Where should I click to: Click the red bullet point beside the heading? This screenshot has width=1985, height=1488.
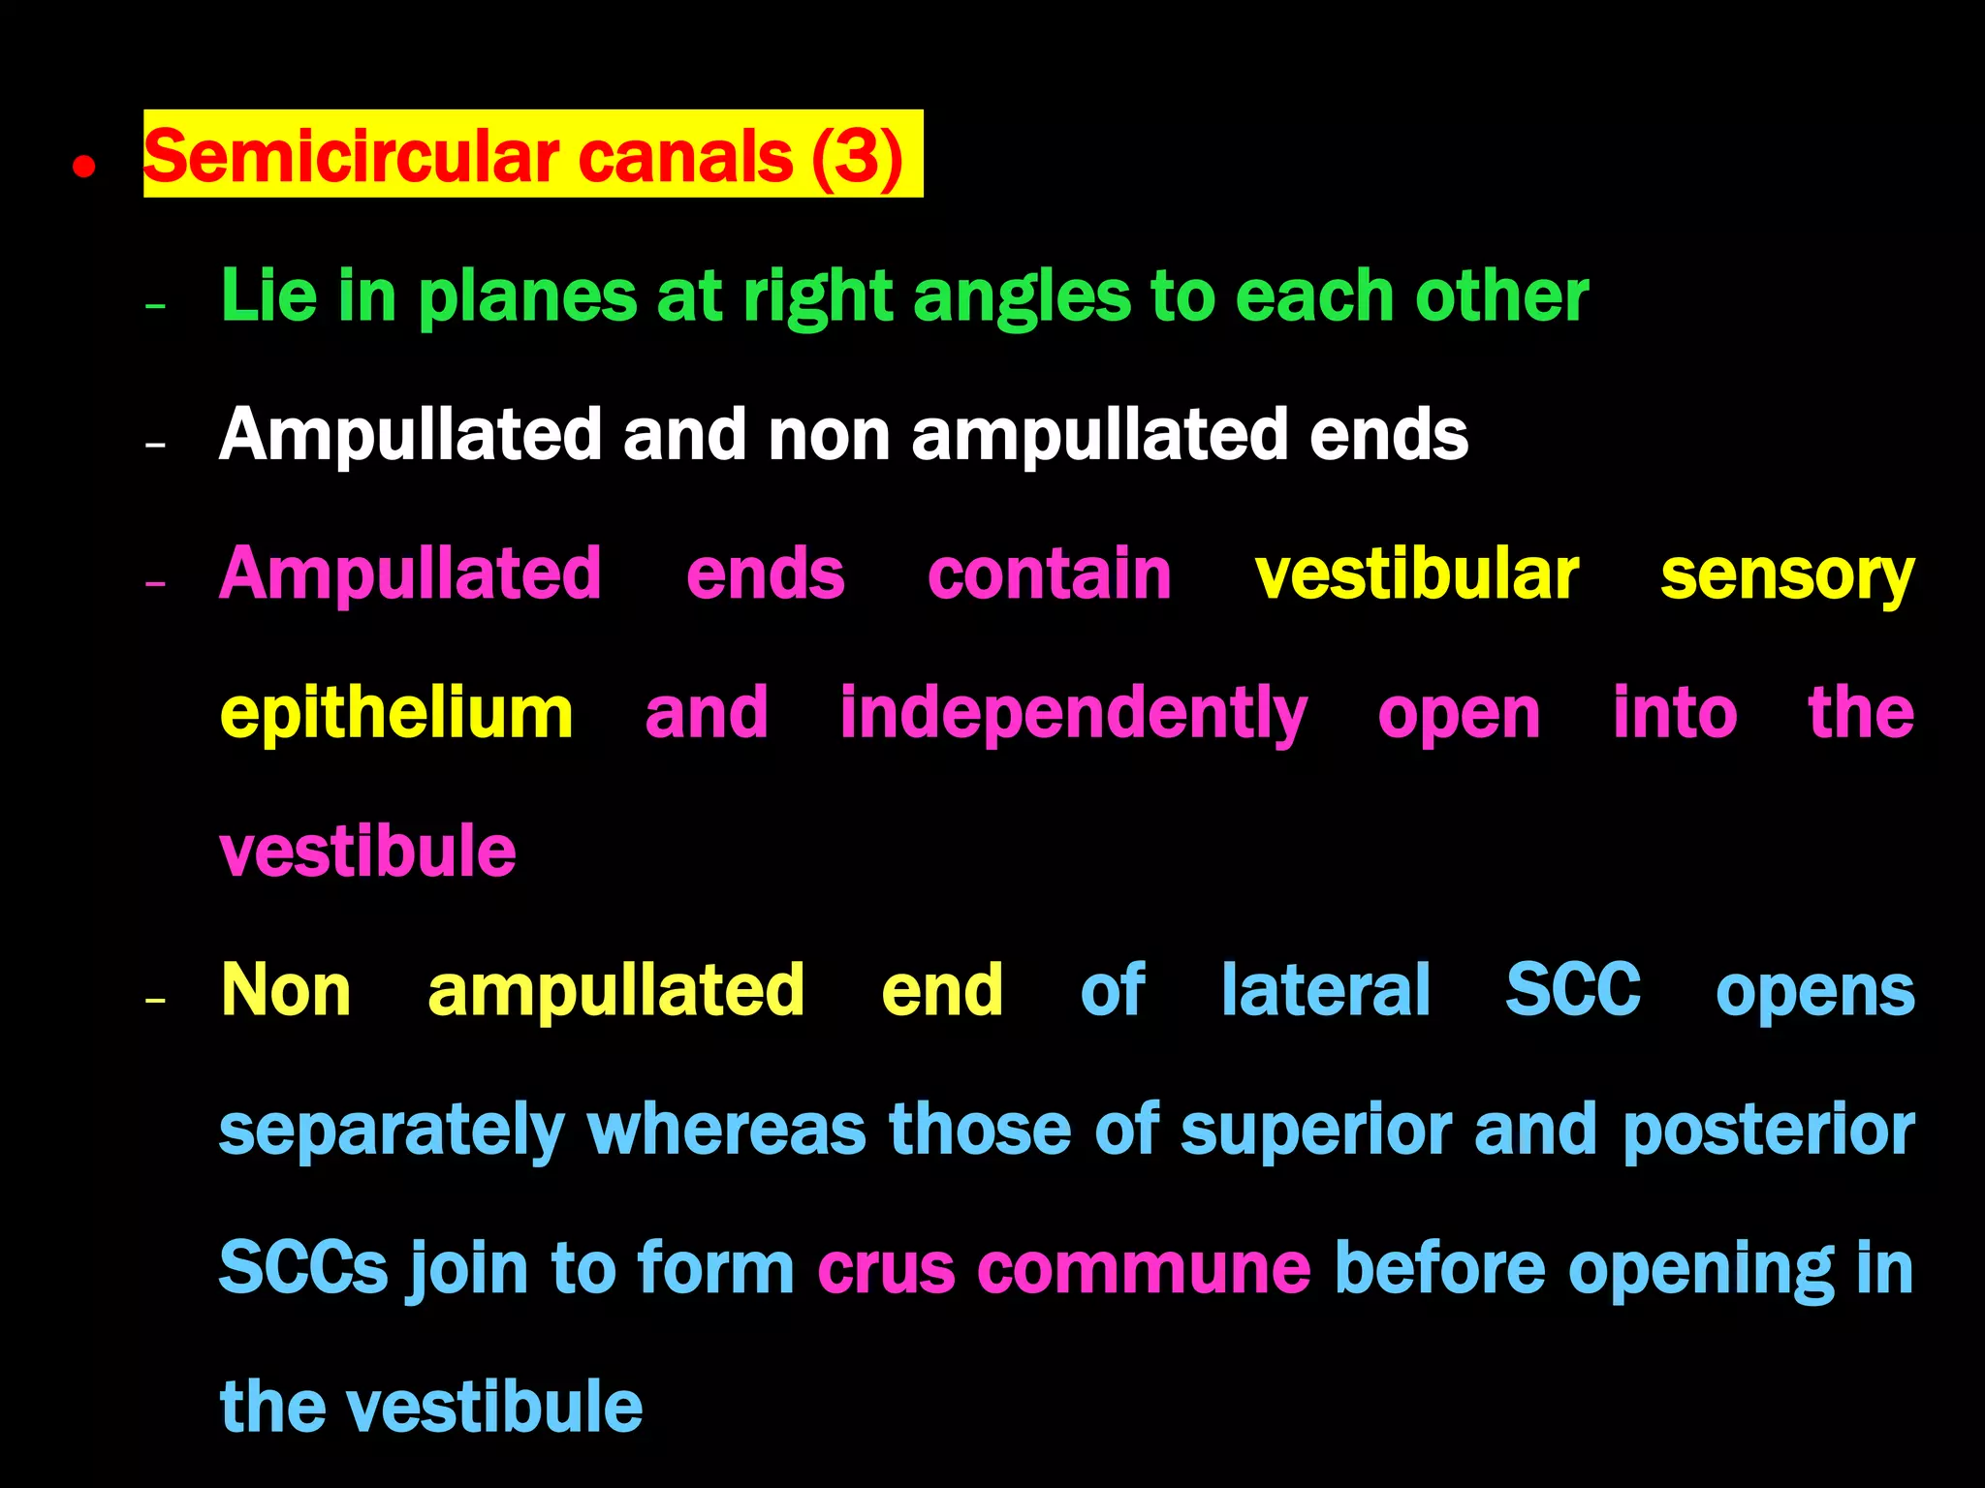tap(84, 167)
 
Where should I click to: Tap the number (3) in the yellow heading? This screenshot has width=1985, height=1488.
tap(857, 157)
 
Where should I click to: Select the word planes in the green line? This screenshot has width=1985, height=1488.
tap(528, 296)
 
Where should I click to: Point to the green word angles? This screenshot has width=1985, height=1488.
tap(1022, 296)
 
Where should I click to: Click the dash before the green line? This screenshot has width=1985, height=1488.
tap(155, 307)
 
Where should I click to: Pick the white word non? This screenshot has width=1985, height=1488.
tap(829, 435)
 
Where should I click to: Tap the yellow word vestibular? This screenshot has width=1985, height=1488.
tap(1417, 574)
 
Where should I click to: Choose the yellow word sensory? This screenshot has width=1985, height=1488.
tap(1787, 576)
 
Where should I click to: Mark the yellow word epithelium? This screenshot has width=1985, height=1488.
tap(396, 715)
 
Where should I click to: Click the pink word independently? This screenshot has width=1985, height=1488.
tap(1073, 715)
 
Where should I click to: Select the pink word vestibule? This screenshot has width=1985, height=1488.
tap(367, 852)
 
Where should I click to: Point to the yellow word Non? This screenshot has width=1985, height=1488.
tap(286, 990)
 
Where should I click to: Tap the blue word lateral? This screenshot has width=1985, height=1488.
tap(1325, 990)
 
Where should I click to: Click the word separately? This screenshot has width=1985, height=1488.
tap(392, 1131)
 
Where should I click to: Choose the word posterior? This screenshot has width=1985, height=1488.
tap(1768, 1131)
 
